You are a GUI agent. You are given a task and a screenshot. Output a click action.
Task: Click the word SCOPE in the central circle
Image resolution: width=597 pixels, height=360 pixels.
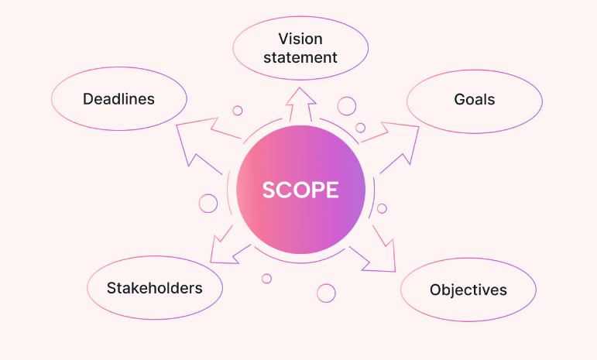click(x=300, y=190)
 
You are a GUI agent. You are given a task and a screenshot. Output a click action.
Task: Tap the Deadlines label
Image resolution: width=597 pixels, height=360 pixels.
click(x=118, y=99)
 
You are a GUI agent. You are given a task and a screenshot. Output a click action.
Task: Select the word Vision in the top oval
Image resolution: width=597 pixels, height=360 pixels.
click(x=300, y=39)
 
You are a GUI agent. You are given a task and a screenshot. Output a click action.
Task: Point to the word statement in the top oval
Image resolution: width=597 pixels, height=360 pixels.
click(x=300, y=57)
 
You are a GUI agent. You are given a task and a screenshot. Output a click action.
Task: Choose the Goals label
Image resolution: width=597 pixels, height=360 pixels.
click(x=474, y=100)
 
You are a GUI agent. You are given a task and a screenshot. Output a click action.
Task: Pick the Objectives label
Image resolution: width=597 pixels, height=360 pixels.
click(x=468, y=290)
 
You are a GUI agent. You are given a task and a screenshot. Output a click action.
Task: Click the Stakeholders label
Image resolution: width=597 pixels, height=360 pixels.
click(x=155, y=288)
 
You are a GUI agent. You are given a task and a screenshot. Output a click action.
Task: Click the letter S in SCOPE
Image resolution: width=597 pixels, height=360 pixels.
click(x=269, y=190)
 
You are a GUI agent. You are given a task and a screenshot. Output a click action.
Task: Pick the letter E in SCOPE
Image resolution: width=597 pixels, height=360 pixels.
click(x=332, y=190)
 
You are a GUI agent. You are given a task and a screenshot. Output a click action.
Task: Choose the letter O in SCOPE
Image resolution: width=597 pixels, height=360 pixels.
click(x=301, y=190)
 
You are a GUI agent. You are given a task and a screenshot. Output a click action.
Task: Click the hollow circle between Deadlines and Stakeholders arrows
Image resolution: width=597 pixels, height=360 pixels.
click(x=208, y=203)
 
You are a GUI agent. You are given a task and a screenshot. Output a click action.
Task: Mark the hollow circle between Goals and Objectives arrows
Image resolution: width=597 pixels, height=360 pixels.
click(x=382, y=208)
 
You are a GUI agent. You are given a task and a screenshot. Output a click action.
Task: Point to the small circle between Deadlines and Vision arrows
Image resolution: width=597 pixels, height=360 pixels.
click(x=238, y=111)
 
